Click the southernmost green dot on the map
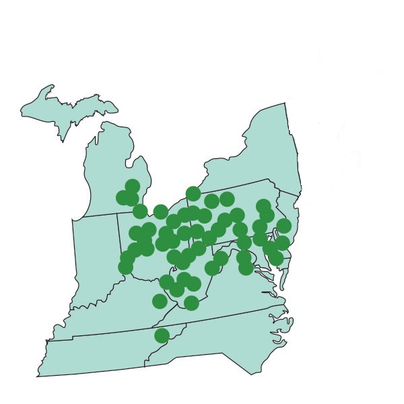[162, 335]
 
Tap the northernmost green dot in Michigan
[133, 186]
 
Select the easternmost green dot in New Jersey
[284, 226]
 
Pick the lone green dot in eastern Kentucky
[160, 301]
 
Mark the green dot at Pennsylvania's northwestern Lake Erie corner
[193, 194]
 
